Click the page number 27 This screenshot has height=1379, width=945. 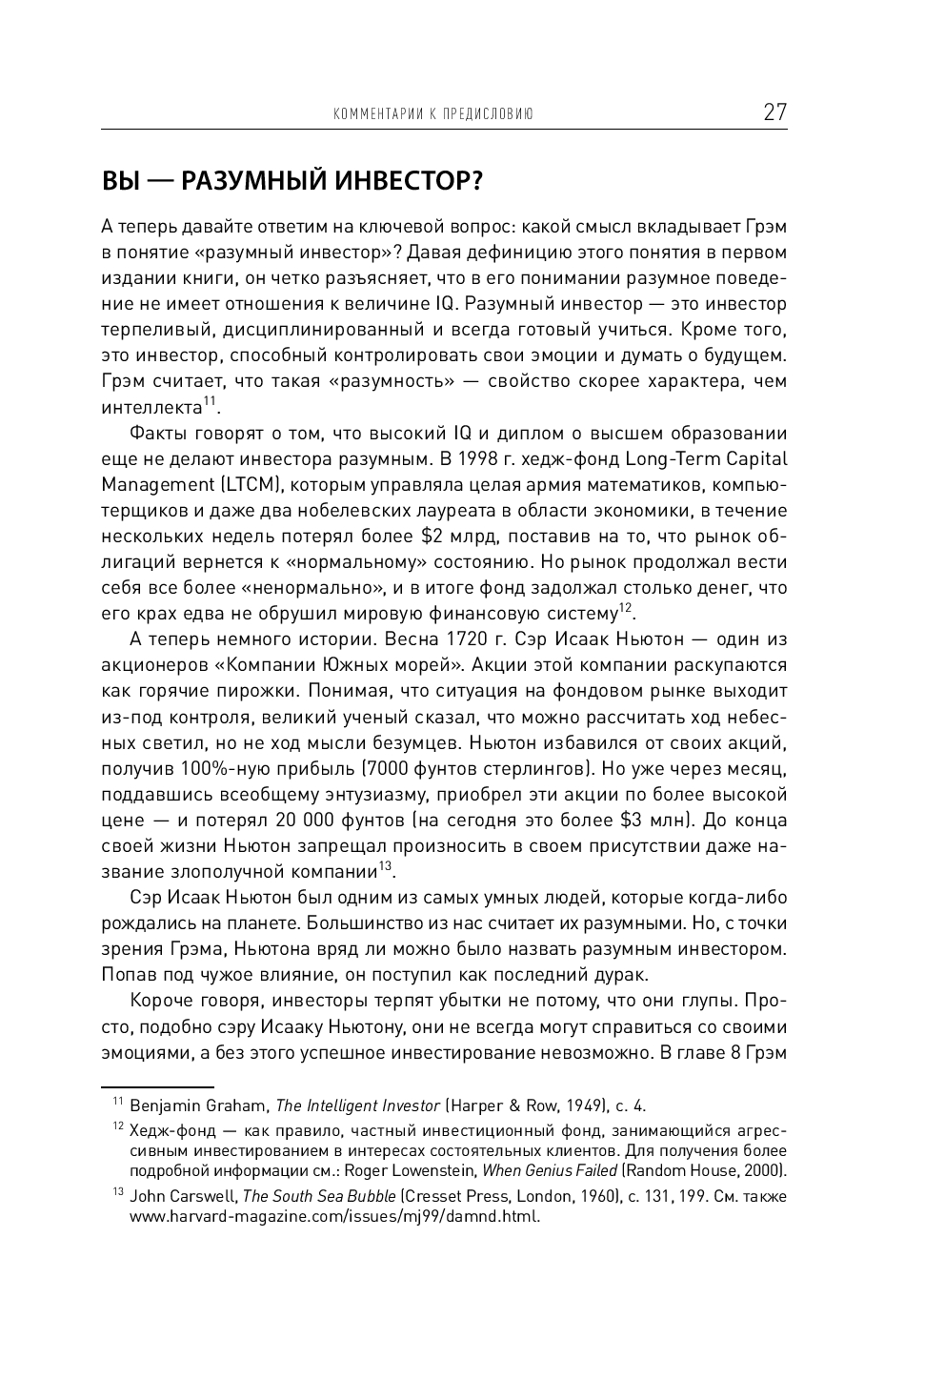pyautogui.click(x=774, y=112)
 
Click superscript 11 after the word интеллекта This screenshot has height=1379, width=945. pyautogui.click(x=210, y=403)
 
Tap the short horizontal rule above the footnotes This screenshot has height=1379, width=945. pyautogui.click(x=157, y=1085)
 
